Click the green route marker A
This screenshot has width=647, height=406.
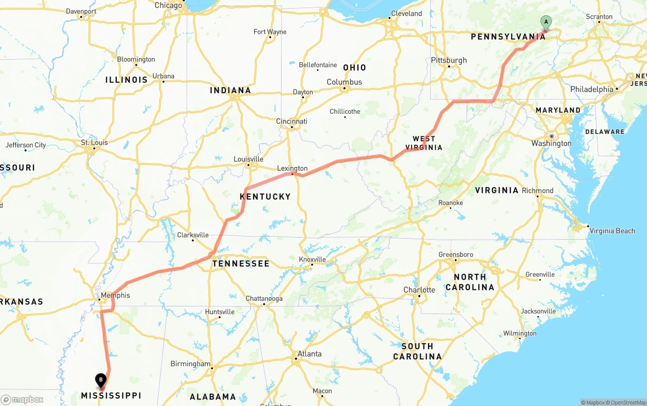pos(545,22)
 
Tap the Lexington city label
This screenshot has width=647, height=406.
pos(292,168)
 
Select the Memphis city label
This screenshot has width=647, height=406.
pos(115,295)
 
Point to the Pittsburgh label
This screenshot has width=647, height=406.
pos(449,60)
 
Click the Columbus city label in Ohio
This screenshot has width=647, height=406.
pos(344,82)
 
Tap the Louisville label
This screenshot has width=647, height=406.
pos(248,159)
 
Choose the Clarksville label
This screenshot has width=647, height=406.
pos(193,235)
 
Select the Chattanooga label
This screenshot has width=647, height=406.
pos(264,298)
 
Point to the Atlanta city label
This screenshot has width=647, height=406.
pos(309,354)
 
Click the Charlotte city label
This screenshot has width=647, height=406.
pos(419,290)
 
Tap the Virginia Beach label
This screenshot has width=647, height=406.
pos(612,231)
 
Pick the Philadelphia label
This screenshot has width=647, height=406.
pos(591,89)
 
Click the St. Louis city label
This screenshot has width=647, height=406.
pos(95,143)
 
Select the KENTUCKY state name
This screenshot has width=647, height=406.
pos(265,196)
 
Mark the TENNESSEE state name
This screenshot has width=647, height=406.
pos(241,263)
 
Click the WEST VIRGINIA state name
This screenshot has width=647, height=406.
pos(424,143)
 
